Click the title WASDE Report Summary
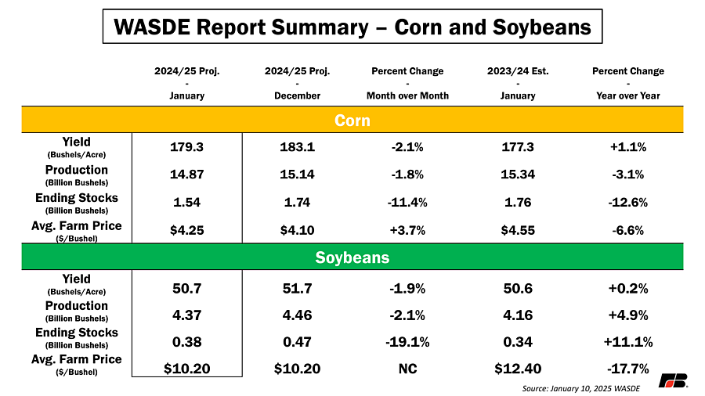pyautogui.click(x=352, y=28)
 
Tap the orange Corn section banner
pyautogui.click(x=352, y=121)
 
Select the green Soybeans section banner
pyautogui.click(x=352, y=257)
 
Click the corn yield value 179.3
pyautogui.click(x=186, y=147)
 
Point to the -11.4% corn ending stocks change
pyautogui.click(x=407, y=203)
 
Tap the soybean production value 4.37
pyautogui.click(x=186, y=315)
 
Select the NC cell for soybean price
pyautogui.click(x=407, y=369)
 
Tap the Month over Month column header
pyautogui.click(x=407, y=95)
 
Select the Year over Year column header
pyautogui.click(x=627, y=95)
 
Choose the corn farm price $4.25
pyautogui.click(x=186, y=230)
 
